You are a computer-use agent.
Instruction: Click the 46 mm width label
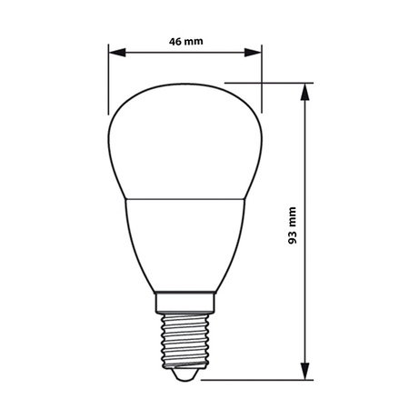(x=185, y=41)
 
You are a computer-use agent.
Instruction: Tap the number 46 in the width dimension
(x=176, y=41)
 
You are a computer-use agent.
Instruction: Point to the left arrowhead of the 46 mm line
(x=115, y=53)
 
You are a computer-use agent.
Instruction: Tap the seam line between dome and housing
(x=185, y=197)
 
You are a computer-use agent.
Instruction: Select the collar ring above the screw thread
(x=185, y=302)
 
